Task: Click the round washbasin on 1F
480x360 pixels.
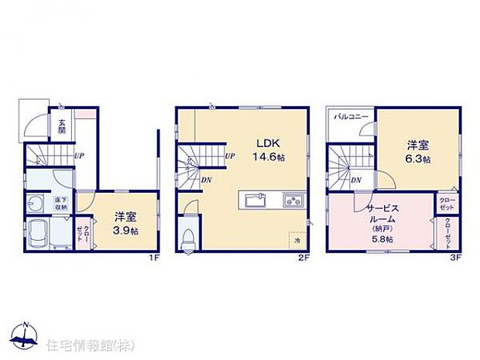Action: (x=36, y=204)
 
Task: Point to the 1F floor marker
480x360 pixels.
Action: (x=154, y=259)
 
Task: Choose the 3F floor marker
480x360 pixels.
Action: (x=457, y=259)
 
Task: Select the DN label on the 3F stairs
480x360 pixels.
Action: (x=355, y=180)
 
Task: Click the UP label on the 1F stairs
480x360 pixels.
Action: (x=80, y=156)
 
